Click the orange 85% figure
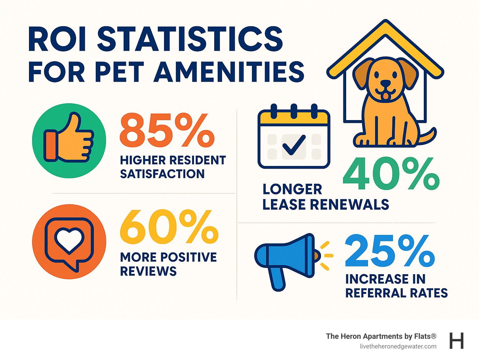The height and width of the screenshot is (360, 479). pos(167,130)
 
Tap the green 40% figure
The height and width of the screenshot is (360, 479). pos(391,174)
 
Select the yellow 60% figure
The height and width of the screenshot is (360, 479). pos(169,227)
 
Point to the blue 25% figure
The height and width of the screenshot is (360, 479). pos(390,251)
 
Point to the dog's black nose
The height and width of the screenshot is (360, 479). pos(386,84)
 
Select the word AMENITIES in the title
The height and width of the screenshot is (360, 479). pos(229,72)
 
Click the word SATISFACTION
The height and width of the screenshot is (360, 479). pos(162,174)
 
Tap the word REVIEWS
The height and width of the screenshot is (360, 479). pos(148,271)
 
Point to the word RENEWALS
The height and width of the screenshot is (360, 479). pos(350,205)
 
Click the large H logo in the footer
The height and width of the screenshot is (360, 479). pos(457,341)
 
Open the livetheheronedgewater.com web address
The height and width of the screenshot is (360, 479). pos(398,346)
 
